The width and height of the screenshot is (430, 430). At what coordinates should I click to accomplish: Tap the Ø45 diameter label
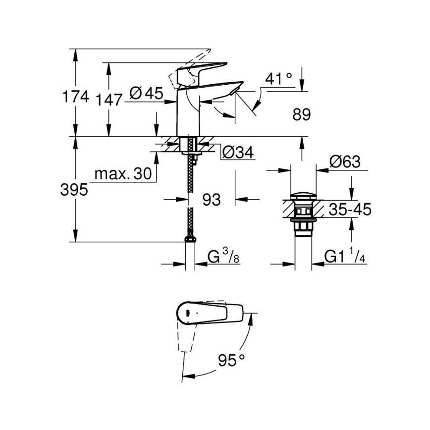(146, 93)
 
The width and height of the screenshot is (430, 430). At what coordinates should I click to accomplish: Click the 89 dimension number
(301, 115)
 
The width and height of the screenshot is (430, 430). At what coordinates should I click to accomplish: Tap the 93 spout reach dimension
(212, 199)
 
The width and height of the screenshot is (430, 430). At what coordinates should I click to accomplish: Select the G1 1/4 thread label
(345, 257)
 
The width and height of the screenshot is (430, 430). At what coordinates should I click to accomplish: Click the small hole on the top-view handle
(189, 312)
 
